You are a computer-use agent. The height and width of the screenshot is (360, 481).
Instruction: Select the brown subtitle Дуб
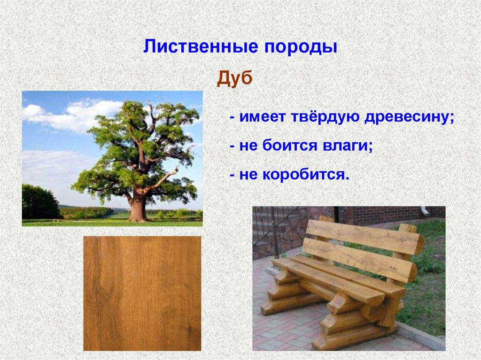[235, 78]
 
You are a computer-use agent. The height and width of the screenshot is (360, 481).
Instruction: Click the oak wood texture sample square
[142, 293]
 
